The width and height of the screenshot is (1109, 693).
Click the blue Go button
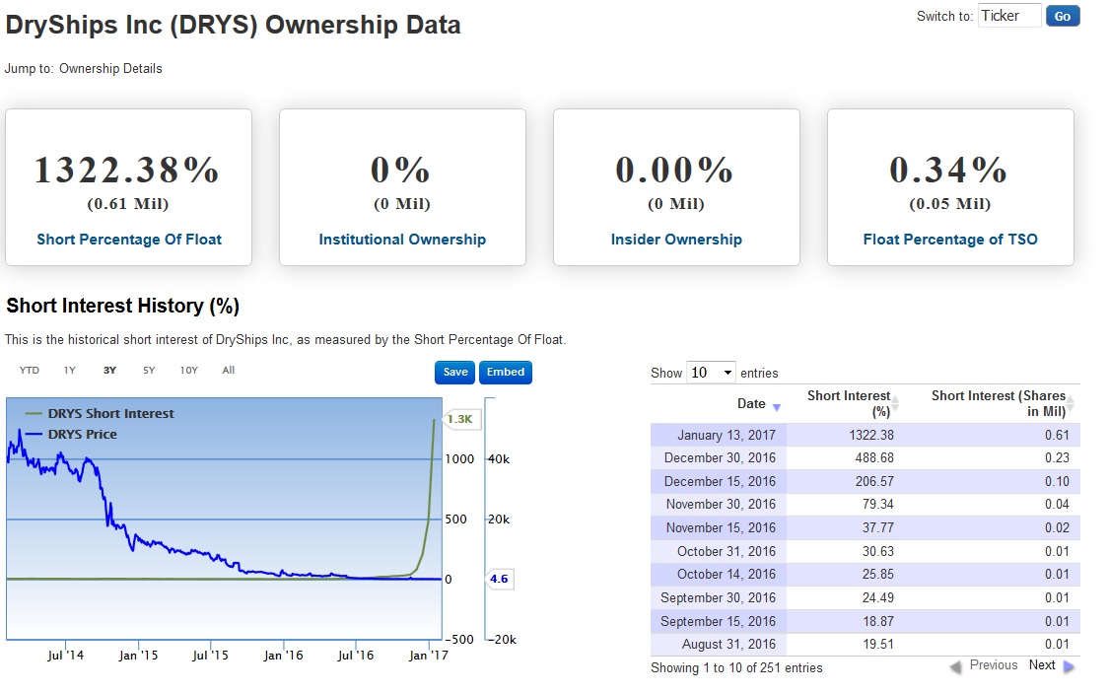tap(1063, 16)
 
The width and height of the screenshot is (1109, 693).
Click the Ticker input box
tap(1009, 16)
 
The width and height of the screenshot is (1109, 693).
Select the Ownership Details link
tap(110, 69)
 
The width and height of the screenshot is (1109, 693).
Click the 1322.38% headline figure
tap(128, 170)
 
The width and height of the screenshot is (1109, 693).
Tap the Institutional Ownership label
tap(402, 240)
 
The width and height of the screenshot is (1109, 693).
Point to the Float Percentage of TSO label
tap(950, 240)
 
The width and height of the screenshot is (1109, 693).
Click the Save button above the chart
tap(455, 372)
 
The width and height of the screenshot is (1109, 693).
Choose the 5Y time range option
tap(149, 371)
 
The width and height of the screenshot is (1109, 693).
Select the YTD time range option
tap(30, 371)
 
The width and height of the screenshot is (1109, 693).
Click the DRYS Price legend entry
tap(82, 434)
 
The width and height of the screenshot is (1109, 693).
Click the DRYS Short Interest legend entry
tap(110, 414)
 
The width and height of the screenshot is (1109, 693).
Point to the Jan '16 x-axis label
tap(283, 656)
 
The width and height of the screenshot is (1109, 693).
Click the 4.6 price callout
tap(499, 579)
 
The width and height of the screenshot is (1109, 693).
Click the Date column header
tap(751, 403)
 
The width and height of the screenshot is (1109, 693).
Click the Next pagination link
tap(1042, 665)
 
